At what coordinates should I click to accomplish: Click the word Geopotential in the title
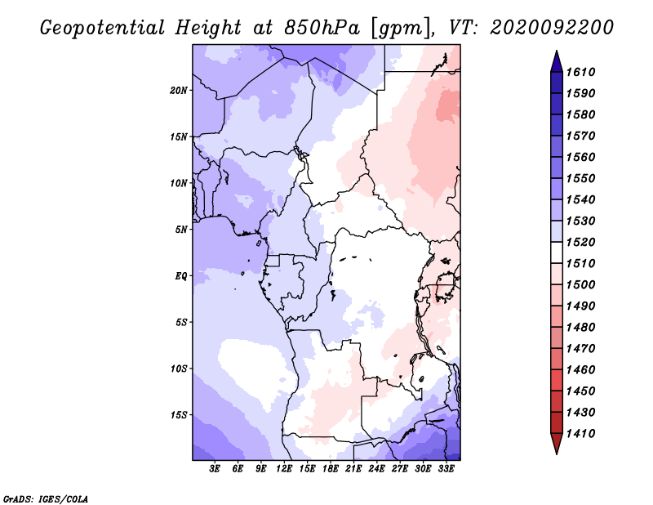103,28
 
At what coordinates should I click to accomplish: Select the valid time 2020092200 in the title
552,28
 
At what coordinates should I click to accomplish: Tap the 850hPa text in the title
322,28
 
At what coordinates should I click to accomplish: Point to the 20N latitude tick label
179,91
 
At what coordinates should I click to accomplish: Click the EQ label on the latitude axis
180,276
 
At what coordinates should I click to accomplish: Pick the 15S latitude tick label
179,415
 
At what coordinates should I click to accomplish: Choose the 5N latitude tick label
181,230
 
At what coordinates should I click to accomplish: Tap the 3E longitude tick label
215,469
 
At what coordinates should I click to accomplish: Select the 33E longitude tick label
446,469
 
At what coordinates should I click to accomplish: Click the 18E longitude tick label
331,469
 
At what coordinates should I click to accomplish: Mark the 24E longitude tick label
376,469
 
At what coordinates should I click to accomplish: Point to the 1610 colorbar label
580,72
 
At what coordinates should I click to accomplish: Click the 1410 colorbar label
580,434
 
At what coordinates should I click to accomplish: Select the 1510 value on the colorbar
580,264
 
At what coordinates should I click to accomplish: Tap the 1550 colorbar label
580,178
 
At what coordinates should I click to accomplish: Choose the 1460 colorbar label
580,370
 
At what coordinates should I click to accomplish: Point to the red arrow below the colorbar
557,442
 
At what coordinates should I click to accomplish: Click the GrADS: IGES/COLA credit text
46,499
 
